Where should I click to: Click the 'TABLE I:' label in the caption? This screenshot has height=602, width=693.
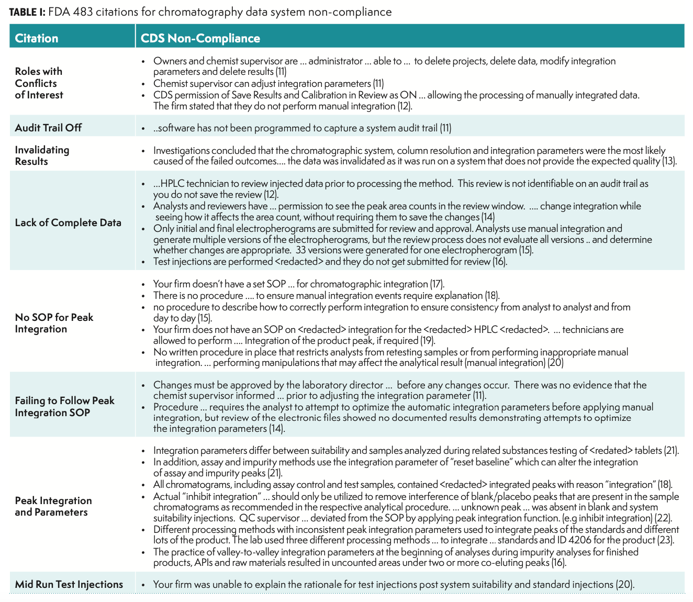(x=27, y=12)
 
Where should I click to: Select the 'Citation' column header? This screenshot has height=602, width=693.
(x=37, y=38)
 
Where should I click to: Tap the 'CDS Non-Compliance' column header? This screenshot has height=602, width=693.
(x=200, y=38)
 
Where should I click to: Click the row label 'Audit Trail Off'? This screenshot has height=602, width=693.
(x=48, y=128)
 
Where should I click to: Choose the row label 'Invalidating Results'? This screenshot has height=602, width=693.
(x=42, y=155)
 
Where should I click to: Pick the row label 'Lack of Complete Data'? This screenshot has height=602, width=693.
(x=68, y=222)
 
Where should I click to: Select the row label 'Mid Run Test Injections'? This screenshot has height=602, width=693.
(x=69, y=584)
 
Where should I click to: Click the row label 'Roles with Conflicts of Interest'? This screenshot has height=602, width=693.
(x=39, y=83)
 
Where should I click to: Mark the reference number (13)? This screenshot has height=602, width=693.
(x=669, y=161)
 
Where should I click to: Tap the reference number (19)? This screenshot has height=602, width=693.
(x=428, y=341)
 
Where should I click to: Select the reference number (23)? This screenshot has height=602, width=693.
(x=665, y=540)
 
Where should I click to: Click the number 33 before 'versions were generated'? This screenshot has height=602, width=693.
(x=300, y=250)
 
